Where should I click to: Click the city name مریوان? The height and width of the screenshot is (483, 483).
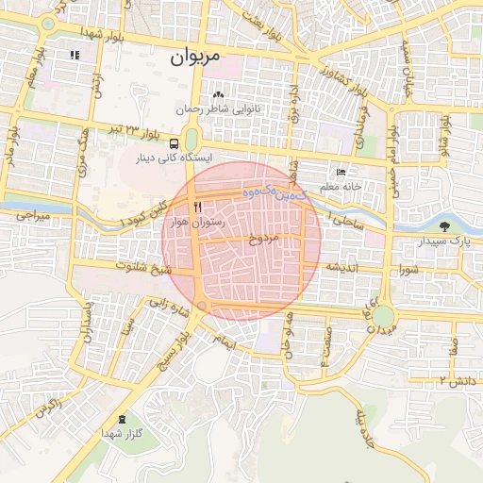point(195,57)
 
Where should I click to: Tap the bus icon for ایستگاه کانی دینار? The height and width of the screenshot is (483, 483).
point(173,142)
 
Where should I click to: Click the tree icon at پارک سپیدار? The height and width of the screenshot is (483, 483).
point(444,225)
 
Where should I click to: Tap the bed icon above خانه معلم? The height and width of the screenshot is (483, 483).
point(341,173)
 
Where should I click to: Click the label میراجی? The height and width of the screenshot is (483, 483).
point(31,216)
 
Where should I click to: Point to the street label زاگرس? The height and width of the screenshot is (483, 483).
point(47,407)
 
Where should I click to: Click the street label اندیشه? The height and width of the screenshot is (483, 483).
point(344,267)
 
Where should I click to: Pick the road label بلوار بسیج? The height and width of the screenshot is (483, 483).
point(177,358)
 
